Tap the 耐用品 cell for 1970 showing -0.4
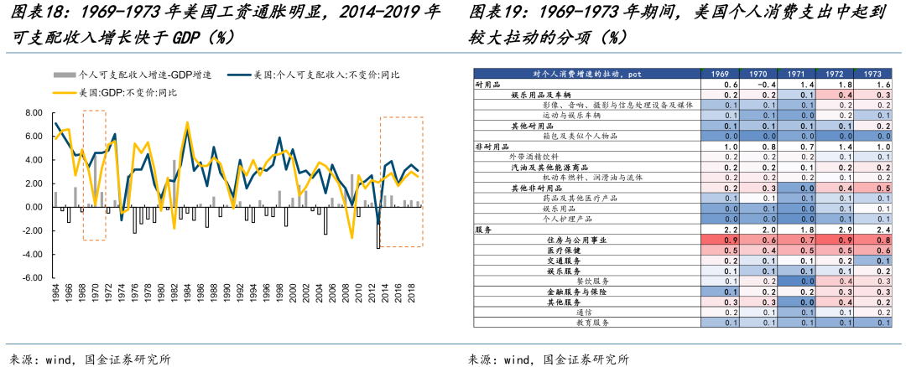[758, 85]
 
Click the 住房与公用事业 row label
[582, 239]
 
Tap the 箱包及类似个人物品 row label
[591, 136]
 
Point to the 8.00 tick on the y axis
[34, 112]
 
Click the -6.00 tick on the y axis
[32, 277]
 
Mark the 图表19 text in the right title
[496, 13]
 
